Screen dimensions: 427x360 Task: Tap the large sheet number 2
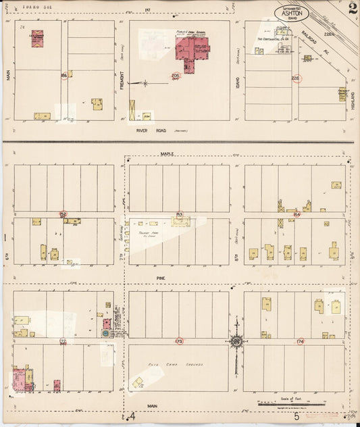point(353,9)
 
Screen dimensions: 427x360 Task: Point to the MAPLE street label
point(167,154)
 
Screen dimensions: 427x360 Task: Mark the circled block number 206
point(176,76)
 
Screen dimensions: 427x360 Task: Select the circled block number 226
point(295,78)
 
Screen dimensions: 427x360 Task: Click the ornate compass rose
point(236,341)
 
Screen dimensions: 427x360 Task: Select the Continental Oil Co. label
point(273,39)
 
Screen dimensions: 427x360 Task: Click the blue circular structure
point(105,333)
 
